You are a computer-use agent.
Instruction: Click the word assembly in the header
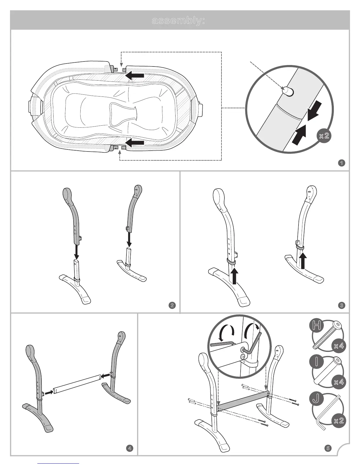[178, 21]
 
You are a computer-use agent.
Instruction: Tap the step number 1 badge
[341, 163]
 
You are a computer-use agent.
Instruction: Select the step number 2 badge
[172, 305]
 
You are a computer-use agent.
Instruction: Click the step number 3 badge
[342, 305]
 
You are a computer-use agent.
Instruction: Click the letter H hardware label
[316, 326]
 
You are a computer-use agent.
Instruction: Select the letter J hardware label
[316, 399]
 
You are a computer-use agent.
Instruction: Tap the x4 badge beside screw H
[339, 346]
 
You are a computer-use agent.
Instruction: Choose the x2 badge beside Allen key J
[339, 420]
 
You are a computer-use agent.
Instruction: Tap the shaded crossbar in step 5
[243, 400]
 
